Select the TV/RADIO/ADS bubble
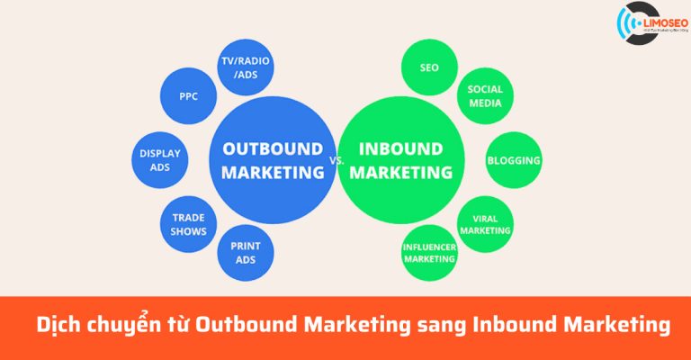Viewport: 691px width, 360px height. [x=246, y=68]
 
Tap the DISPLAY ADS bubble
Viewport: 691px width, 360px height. [x=161, y=160]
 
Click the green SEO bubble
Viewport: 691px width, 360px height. [x=429, y=67]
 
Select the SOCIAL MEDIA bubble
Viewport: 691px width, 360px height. [x=485, y=96]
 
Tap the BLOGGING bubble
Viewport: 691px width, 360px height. [x=514, y=161]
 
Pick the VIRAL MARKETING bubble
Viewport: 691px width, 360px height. [x=485, y=224]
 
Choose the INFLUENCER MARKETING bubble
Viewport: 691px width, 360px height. [x=430, y=252]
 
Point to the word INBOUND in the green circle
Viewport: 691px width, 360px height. [x=401, y=148]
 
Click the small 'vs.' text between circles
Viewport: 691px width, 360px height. [x=337, y=160]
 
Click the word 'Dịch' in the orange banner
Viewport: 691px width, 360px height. [x=60, y=325]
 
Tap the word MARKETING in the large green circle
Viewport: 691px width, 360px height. [x=401, y=171]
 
